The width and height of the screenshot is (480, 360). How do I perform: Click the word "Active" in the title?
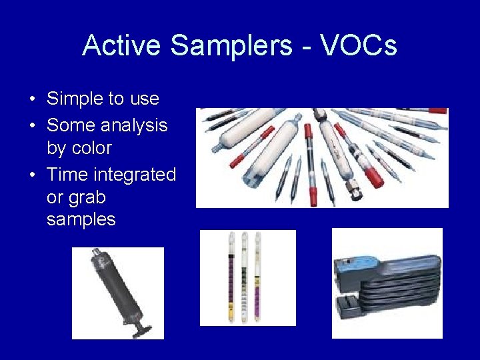click(x=122, y=45)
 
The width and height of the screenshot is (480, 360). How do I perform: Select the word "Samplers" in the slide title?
click(x=231, y=45)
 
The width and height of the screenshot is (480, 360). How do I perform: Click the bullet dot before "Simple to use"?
click(x=32, y=99)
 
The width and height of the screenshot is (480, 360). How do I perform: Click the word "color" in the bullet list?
click(x=89, y=147)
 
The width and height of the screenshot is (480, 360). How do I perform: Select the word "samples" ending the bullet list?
click(x=81, y=219)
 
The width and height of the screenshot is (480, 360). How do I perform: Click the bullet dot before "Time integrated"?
click(x=32, y=175)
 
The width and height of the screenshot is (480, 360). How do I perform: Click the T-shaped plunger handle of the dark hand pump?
click(x=144, y=328)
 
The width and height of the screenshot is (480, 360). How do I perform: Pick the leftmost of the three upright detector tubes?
click(x=231, y=277)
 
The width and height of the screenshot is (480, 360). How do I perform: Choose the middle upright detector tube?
click(x=245, y=277)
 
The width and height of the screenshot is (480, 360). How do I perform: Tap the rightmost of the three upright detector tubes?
click(x=257, y=277)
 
